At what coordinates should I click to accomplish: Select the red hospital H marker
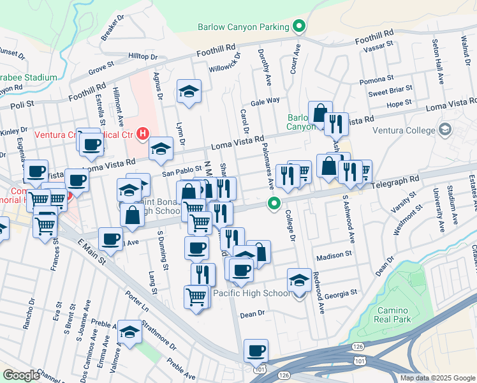(143, 134)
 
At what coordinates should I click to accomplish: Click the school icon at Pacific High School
(298, 281)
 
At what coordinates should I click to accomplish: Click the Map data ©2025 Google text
(437, 378)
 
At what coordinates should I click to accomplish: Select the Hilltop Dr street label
(143, 57)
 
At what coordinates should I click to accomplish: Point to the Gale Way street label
(265, 101)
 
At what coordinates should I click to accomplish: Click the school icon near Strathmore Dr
(130, 332)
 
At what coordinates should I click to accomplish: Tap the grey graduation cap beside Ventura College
(446, 131)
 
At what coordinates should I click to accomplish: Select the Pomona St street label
(377, 79)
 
